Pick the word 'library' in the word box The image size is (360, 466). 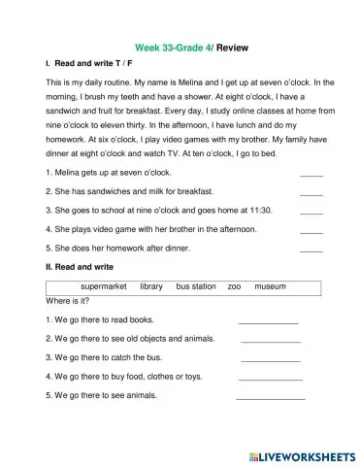pos(151,287)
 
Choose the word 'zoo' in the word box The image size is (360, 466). pos(234,287)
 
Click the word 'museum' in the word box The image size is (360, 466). pos(270,287)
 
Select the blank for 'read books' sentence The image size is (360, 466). pos(268,320)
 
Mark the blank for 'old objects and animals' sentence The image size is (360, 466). pos(271,340)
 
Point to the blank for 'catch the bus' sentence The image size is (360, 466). pos(268,358)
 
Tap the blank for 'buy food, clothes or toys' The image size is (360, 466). pos(271,377)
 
